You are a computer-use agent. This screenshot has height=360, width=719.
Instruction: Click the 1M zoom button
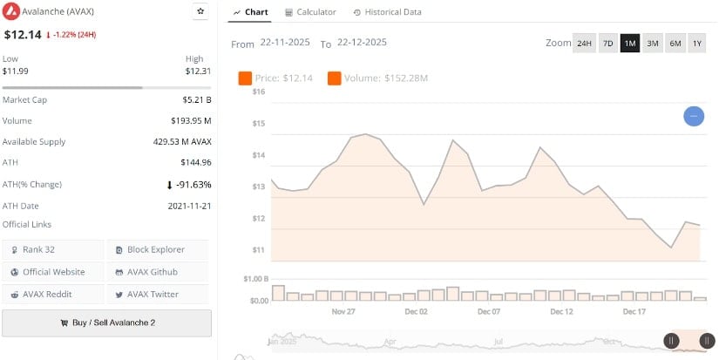[630, 44]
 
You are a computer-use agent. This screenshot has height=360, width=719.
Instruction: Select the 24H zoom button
[584, 44]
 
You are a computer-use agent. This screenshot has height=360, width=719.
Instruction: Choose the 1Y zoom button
[697, 44]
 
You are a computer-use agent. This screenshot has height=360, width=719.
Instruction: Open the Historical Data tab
[387, 12]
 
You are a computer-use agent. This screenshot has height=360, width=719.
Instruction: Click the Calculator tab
[310, 12]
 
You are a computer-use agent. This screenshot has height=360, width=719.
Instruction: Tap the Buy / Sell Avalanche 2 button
[106, 323]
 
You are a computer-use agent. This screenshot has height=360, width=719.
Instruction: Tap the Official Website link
[52, 272]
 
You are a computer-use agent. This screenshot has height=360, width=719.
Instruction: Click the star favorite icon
[200, 11]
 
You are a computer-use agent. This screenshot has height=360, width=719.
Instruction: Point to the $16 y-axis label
[259, 92]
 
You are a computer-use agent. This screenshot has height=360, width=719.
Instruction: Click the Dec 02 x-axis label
[417, 311]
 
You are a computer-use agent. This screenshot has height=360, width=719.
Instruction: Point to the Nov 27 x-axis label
[344, 311]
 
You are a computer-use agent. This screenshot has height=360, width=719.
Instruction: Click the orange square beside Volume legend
[335, 78]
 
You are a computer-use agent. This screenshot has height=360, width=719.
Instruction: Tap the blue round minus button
[694, 116]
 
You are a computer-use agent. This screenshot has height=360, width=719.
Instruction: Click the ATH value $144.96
[194, 162]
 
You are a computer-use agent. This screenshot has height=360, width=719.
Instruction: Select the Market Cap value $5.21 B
[197, 100]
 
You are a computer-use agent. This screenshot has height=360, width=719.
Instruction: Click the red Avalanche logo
[11, 12]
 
